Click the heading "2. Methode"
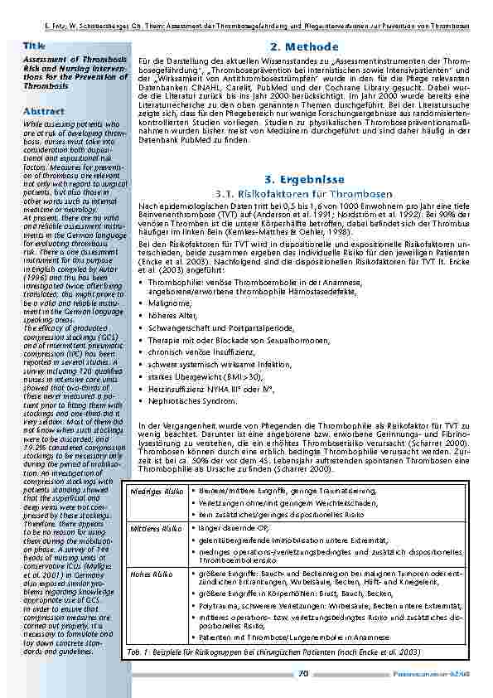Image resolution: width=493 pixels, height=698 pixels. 305,46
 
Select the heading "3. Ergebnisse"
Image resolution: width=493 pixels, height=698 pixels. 305,179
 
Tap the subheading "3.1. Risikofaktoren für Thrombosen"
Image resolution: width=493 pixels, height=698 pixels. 305,193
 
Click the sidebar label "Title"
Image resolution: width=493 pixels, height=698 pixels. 34,46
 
